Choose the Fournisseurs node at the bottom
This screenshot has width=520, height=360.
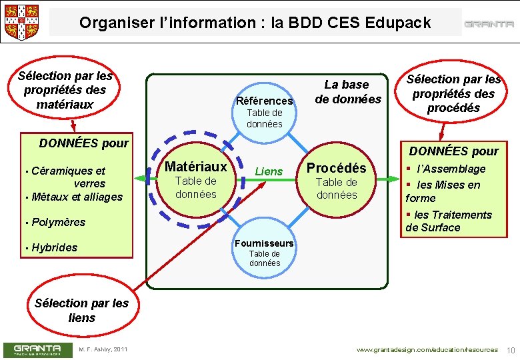point(265,252)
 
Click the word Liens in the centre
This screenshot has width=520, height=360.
point(269,171)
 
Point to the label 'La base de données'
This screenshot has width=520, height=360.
point(347,92)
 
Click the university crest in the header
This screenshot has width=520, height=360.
point(22,21)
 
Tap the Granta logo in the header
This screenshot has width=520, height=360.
point(489,24)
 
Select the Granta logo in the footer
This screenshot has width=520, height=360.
point(38,349)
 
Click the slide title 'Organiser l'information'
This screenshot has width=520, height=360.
point(255,23)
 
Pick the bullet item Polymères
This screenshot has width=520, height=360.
point(59,222)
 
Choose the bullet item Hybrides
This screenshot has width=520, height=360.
point(55,247)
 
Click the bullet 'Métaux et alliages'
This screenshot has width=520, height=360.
point(77,197)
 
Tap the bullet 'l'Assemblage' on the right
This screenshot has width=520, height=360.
point(451,169)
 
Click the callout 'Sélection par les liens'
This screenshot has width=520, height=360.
point(81,310)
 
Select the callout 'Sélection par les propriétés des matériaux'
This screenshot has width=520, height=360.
point(65,90)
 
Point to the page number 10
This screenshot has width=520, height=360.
point(511,350)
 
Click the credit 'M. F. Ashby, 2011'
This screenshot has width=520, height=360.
point(103,349)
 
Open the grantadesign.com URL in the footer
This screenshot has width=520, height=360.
point(427,350)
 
